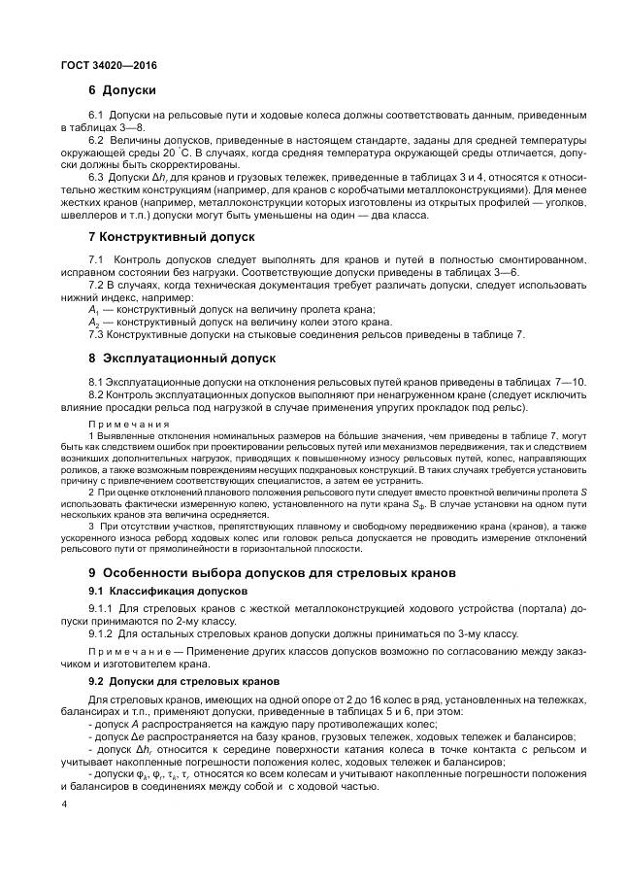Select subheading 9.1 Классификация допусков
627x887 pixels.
click(168, 591)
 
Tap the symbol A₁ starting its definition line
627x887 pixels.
click(94, 309)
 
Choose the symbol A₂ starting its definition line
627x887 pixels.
click(94, 322)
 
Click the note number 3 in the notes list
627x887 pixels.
click(90, 527)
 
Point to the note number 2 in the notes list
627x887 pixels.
click(90, 493)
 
